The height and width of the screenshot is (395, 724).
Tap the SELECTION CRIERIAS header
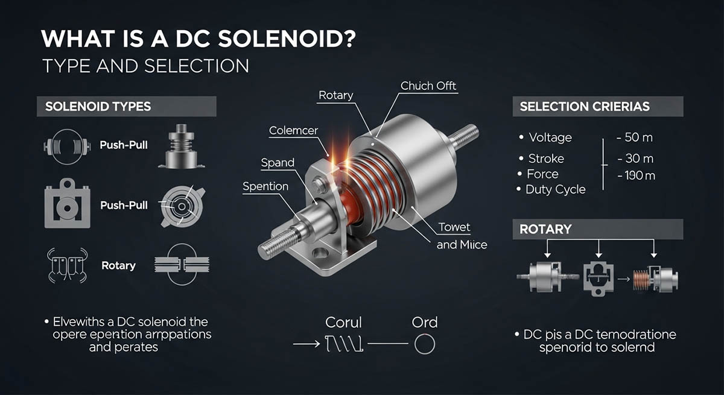click(x=584, y=107)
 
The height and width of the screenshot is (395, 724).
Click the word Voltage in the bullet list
click(x=550, y=137)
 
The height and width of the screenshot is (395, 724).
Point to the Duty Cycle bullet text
click(x=556, y=189)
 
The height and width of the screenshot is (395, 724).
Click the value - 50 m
click(x=635, y=137)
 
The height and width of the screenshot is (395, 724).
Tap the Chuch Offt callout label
click(x=428, y=86)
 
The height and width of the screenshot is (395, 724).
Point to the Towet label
click(x=454, y=228)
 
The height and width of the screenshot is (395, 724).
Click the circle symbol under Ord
click(x=424, y=344)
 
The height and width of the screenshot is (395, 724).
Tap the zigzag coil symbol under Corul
click(x=343, y=344)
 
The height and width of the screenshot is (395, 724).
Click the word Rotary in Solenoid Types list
click(x=118, y=265)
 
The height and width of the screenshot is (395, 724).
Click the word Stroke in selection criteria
click(x=546, y=159)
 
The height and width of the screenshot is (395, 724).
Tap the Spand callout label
click(x=278, y=163)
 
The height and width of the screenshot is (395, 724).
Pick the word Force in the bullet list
click(x=542, y=174)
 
